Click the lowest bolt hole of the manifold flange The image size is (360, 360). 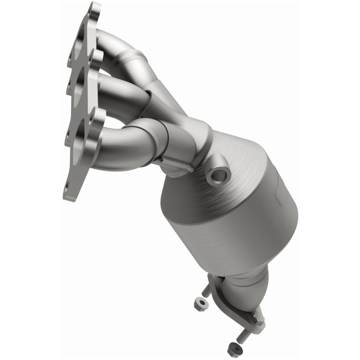[67, 184]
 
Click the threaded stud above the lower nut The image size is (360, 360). [245, 335]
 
